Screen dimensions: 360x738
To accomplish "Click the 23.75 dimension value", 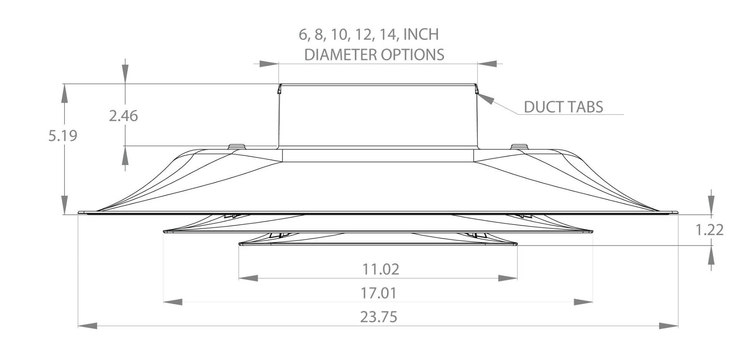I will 379,317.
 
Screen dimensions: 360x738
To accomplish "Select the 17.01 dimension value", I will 379,293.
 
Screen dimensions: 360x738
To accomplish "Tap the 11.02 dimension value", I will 381,269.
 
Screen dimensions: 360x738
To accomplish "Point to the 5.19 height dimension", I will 63,136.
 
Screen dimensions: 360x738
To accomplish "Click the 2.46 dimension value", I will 123,116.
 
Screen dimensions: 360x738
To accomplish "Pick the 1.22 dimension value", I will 710,230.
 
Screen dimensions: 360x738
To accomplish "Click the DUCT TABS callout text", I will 563,107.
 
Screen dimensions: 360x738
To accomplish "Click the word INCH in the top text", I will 421,35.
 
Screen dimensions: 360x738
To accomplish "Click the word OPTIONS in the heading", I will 412,55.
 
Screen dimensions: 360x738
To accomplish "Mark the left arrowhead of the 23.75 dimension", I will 88,326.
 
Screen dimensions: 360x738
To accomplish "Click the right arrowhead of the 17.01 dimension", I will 583,302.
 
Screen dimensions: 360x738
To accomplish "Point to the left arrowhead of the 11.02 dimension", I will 248,278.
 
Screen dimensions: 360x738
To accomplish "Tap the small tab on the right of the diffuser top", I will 520,146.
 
